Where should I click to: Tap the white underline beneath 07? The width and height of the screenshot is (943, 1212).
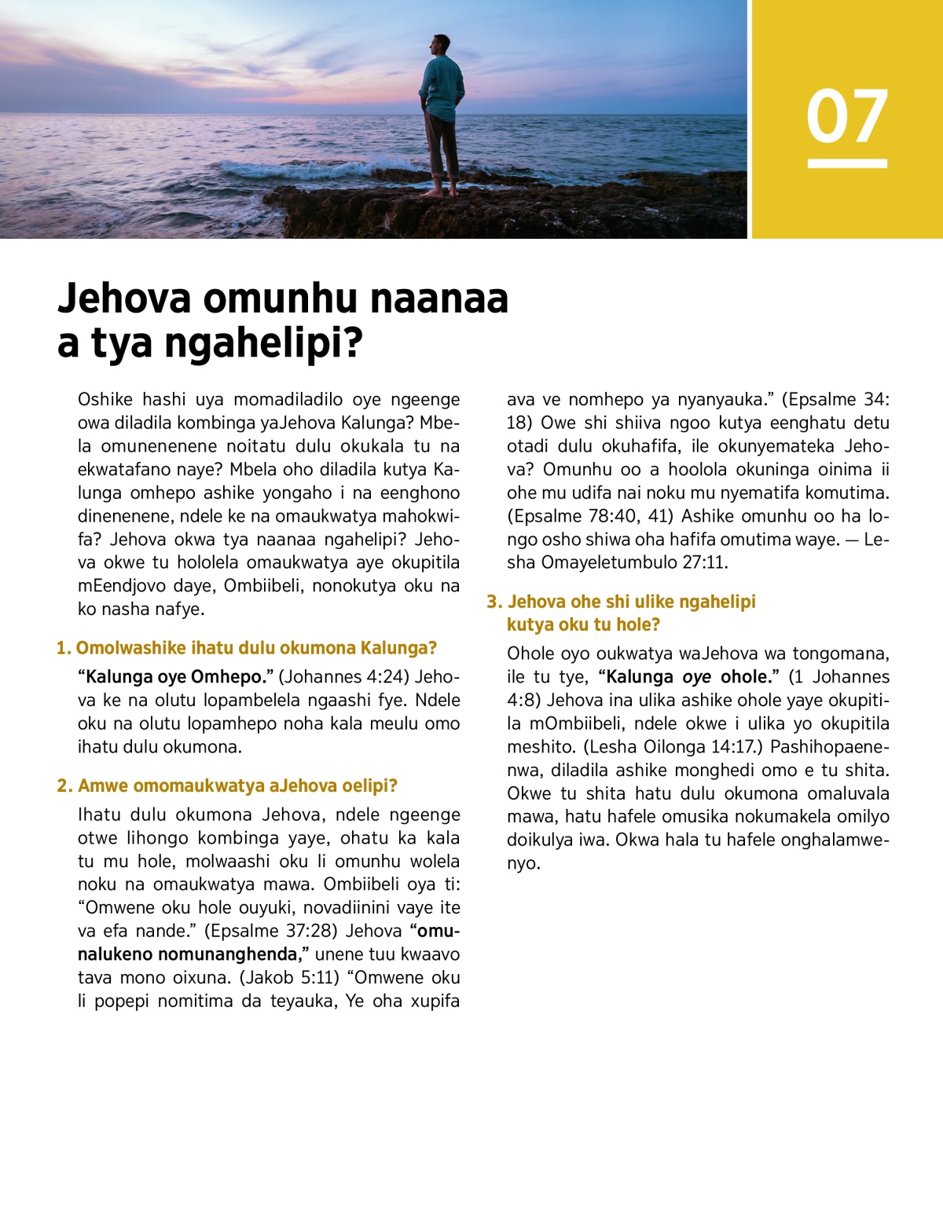847,163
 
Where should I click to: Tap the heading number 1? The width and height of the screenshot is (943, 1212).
63,648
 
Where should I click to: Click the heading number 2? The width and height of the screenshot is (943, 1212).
64,785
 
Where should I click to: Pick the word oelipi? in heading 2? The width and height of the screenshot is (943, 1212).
370,785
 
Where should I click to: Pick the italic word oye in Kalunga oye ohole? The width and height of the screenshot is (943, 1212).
696,677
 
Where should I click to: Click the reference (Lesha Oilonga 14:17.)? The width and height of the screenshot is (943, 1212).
673,746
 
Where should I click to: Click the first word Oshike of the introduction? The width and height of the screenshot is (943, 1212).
105,400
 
